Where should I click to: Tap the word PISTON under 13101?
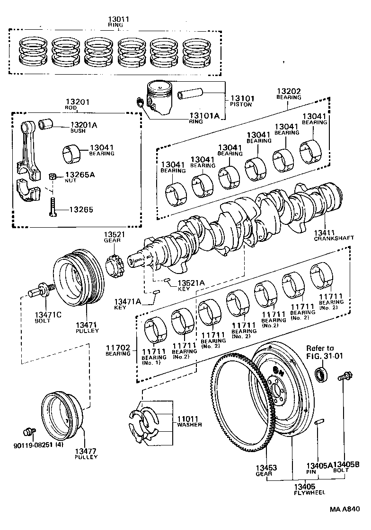point(241,104)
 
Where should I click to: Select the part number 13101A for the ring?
point(205,115)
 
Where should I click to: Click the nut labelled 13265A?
point(54,177)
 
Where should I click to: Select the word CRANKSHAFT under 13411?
point(334,238)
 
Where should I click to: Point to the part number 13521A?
point(191,282)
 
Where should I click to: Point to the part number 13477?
point(86,451)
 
